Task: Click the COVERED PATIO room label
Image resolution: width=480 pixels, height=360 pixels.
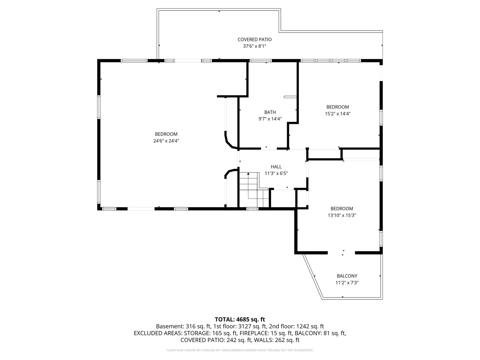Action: coord(254,40)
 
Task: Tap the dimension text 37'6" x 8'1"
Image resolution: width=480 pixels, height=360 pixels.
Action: coord(254,46)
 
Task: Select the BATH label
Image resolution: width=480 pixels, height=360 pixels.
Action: coord(270,112)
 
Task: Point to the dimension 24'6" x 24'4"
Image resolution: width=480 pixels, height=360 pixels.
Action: coord(166,141)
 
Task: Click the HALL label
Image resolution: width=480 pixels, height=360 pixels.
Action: coord(276,167)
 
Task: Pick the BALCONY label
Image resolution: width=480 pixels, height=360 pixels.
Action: coord(347,276)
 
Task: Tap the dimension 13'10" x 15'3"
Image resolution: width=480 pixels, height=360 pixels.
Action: coord(342,215)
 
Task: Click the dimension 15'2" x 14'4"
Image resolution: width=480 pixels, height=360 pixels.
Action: coord(337,114)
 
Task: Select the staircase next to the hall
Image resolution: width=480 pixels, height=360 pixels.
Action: coord(254,190)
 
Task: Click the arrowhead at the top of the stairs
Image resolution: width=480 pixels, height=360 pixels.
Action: coord(248,174)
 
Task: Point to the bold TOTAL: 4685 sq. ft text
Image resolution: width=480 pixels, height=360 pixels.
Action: coord(240,319)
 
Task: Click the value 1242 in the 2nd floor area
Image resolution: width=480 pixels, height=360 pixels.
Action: coord(303,326)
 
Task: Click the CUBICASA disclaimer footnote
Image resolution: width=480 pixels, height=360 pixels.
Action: coord(240,350)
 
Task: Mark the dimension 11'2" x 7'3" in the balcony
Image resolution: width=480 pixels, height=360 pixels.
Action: coord(347,283)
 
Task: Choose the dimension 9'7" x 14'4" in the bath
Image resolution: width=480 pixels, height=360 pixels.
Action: coord(270,119)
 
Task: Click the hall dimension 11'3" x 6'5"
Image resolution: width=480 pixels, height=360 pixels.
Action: coord(276,174)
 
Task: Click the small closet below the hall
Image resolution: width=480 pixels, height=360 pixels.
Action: coord(283,198)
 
